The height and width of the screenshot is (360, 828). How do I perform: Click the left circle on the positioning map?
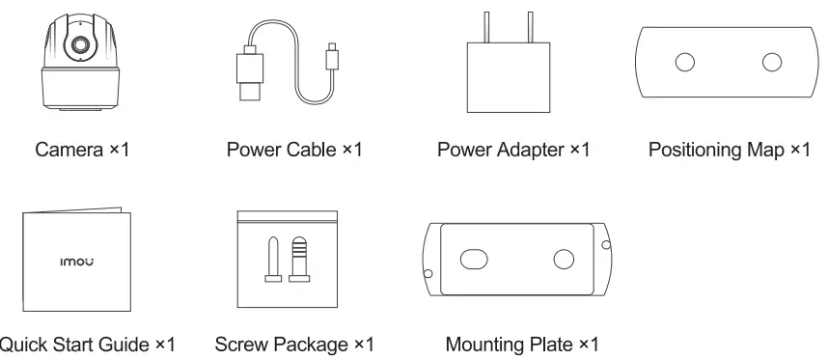point(684,63)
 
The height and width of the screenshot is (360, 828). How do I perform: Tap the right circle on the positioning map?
point(770,63)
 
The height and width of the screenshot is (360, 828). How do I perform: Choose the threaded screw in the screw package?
point(299,260)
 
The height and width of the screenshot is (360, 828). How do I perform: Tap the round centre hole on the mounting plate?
point(563,259)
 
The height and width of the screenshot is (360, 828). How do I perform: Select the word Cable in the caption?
point(310,151)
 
